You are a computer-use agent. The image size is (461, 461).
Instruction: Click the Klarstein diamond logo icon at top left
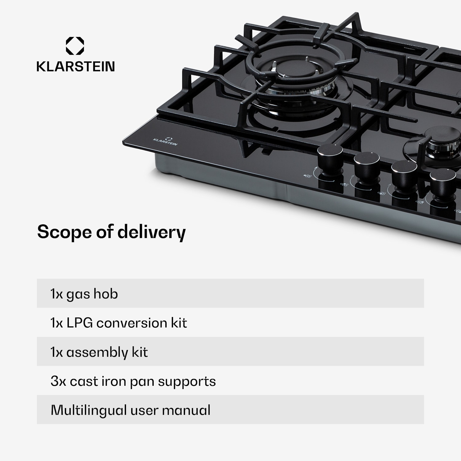coord(75,46)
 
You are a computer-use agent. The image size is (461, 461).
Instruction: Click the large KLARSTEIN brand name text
coord(76,66)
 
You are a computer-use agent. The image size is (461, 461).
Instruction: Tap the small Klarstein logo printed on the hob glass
coord(166,142)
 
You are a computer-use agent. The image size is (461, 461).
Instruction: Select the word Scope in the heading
coord(64,232)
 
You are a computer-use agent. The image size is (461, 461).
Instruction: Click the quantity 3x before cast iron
coord(58,381)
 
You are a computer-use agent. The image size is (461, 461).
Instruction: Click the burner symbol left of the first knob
coord(307,176)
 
